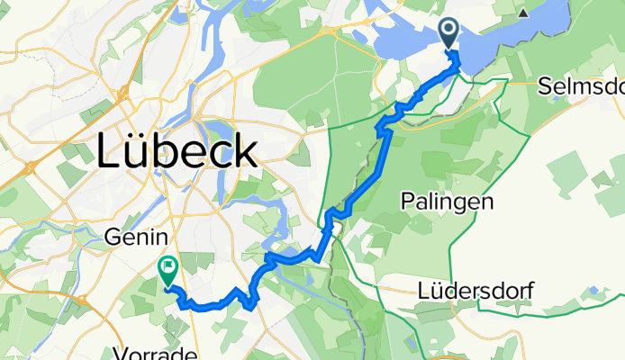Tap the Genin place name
tap(136, 238)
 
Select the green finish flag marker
tap(168, 268)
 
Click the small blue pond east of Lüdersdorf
tap(593, 290)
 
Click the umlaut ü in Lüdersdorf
tap(439, 292)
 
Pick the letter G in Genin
tap(112, 238)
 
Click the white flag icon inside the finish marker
tap(168, 265)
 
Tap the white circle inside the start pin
tap(448, 31)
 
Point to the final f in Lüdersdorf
tap(531, 291)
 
